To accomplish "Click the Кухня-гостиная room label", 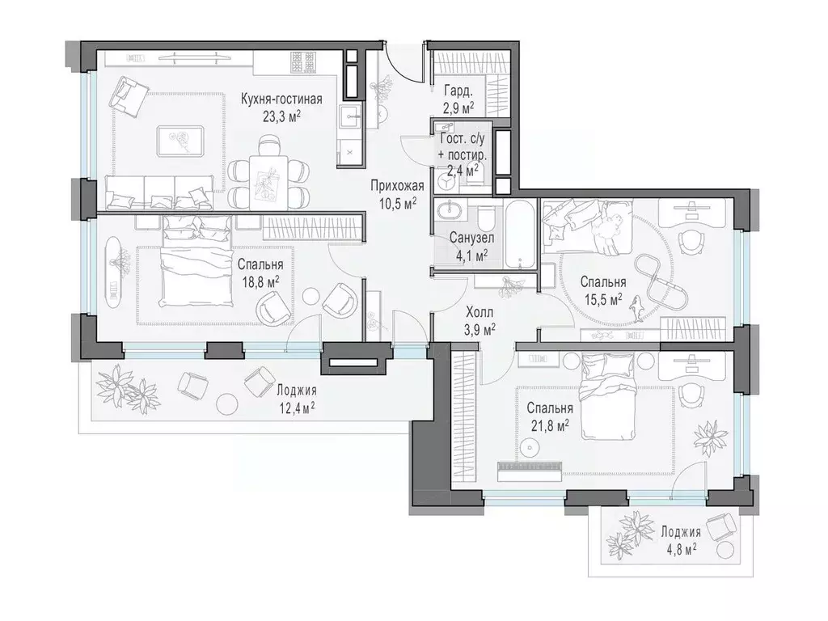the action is point(281,99).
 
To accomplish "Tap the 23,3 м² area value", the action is point(281,116).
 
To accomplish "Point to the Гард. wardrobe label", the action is point(458,91).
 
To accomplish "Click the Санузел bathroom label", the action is point(471,239).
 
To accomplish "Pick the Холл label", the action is point(479,313).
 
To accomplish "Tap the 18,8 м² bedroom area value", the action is point(260,281).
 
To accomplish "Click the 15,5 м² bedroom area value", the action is point(603,299).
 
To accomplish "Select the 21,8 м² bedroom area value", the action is point(550,425).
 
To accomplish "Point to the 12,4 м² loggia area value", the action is point(296,408).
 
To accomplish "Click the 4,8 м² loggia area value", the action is point(681,549).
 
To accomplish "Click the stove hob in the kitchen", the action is point(303,63).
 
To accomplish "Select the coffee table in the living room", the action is point(180,141).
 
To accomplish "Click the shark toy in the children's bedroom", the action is point(637,308).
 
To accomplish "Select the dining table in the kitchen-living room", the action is point(269,182).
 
